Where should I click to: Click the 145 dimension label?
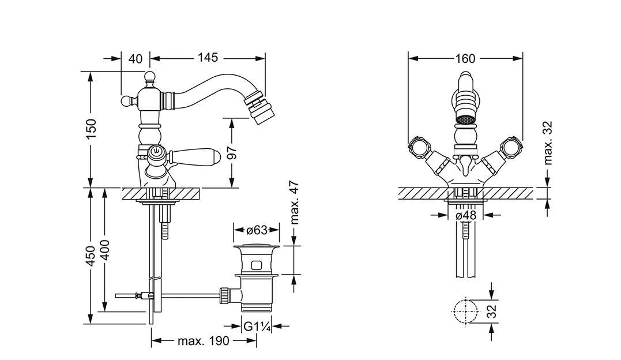[208, 58]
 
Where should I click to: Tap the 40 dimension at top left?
[136, 59]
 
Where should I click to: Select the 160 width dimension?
[465, 59]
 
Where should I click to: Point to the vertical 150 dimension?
[91, 129]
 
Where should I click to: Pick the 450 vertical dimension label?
[91, 256]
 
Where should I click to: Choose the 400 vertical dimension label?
[105, 250]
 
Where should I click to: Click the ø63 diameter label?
[257, 230]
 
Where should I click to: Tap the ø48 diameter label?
[466, 215]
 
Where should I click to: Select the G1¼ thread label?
[257, 327]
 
